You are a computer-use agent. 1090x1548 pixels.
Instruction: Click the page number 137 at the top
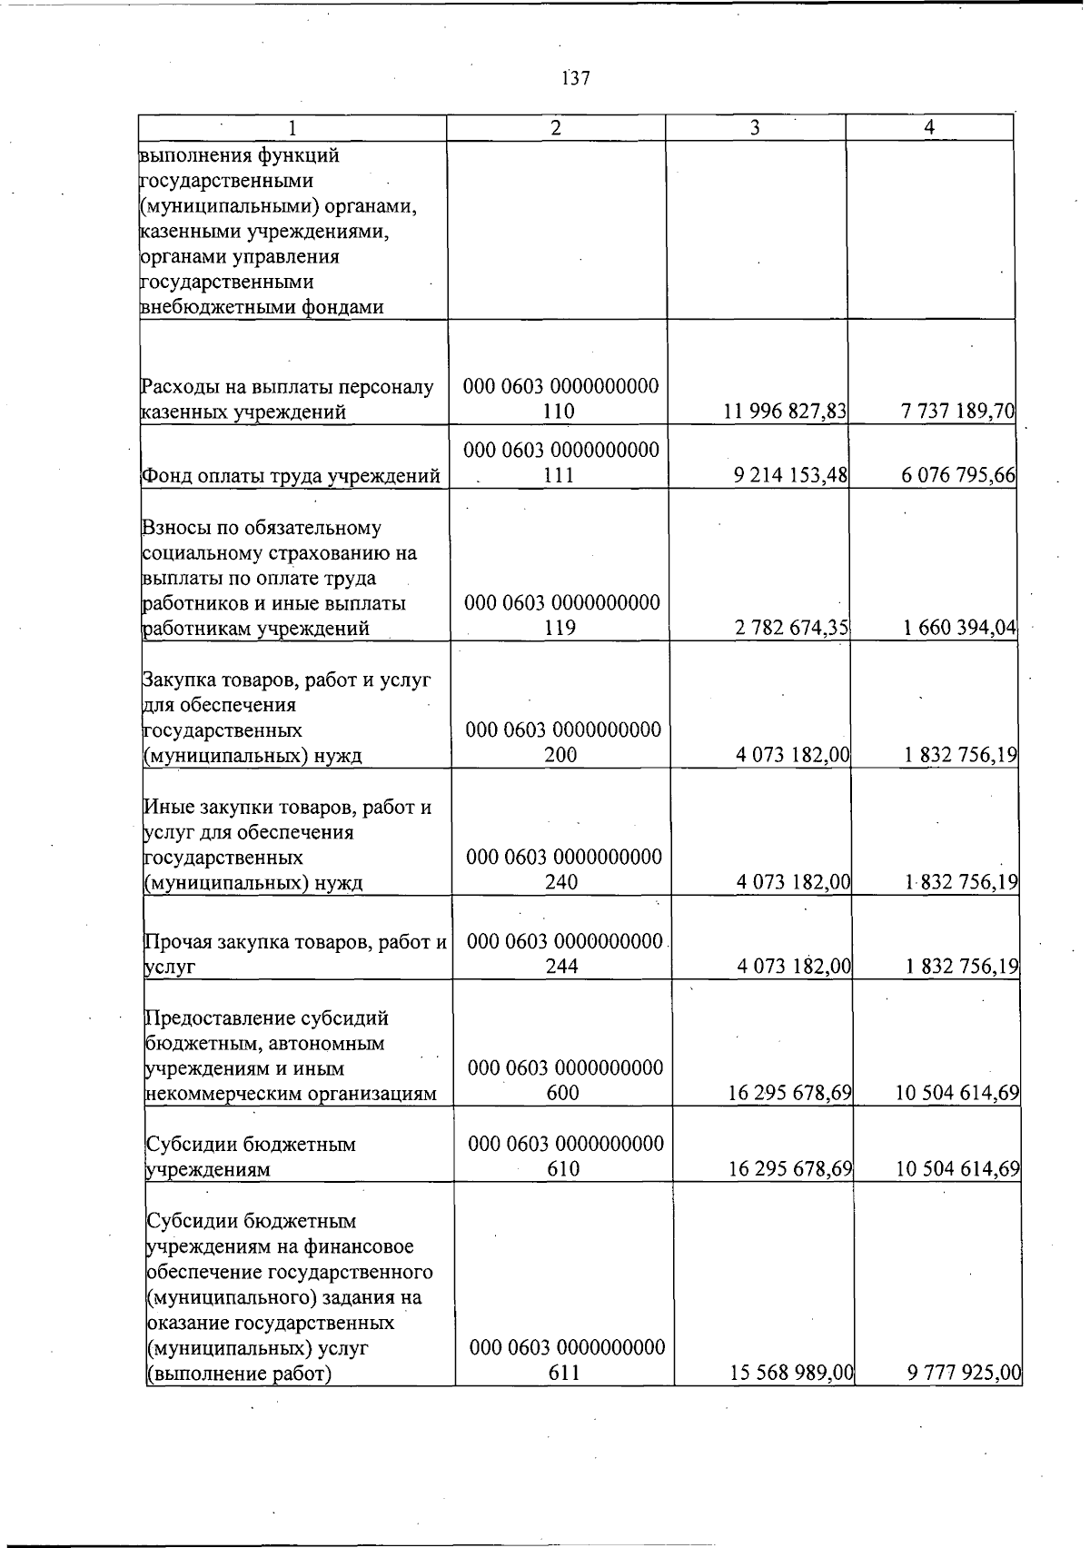point(576,78)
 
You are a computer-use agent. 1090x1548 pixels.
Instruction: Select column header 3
point(755,128)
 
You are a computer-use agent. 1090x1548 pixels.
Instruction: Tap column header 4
point(928,128)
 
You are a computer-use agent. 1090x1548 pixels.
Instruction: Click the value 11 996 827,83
point(785,412)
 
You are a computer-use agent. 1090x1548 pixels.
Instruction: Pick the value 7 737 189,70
point(957,412)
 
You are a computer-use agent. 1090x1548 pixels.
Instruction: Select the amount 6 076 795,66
point(958,475)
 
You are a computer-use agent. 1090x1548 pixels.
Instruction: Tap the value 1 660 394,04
point(960,628)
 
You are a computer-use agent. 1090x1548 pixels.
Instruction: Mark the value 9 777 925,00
point(965,1374)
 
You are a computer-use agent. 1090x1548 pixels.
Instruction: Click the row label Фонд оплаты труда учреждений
point(292,476)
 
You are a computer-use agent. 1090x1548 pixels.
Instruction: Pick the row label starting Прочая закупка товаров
point(295,954)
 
